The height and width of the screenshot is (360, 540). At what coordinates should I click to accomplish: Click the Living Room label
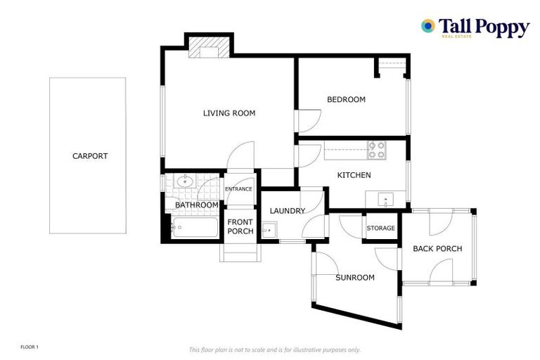click(x=229, y=113)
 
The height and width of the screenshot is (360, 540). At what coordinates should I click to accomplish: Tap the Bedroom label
click(x=346, y=100)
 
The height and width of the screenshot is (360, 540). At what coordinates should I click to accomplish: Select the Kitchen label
click(x=354, y=175)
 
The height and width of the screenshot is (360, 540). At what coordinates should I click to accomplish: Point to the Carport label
click(x=90, y=156)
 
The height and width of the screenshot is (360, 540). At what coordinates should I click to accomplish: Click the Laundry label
click(x=287, y=211)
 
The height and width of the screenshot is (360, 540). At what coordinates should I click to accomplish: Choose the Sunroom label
click(x=354, y=278)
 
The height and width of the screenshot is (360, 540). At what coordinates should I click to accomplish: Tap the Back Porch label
click(x=437, y=249)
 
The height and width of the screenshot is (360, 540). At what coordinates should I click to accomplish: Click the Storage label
click(x=381, y=229)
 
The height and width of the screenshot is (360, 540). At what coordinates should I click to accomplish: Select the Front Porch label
click(x=240, y=227)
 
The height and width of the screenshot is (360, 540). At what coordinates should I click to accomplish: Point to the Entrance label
click(x=238, y=189)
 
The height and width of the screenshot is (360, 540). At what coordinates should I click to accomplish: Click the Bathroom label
click(x=197, y=205)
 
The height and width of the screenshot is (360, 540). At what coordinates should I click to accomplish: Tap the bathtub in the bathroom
click(x=195, y=228)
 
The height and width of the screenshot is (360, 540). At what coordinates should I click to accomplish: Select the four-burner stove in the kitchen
click(x=377, y=150)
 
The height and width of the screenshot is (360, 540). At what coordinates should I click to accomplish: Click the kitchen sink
click(x=386, y=199)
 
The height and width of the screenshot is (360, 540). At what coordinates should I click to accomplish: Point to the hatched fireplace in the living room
click(x=209, y=47)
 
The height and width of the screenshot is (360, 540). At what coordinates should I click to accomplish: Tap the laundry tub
click(x=269, y=229)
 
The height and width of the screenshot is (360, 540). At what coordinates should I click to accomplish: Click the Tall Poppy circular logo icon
click(x=427, y=26)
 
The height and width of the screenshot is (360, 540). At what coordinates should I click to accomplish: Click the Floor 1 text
click(x=30, y=347)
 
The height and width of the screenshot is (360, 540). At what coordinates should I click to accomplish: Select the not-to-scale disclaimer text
click(x=274, y=349)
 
